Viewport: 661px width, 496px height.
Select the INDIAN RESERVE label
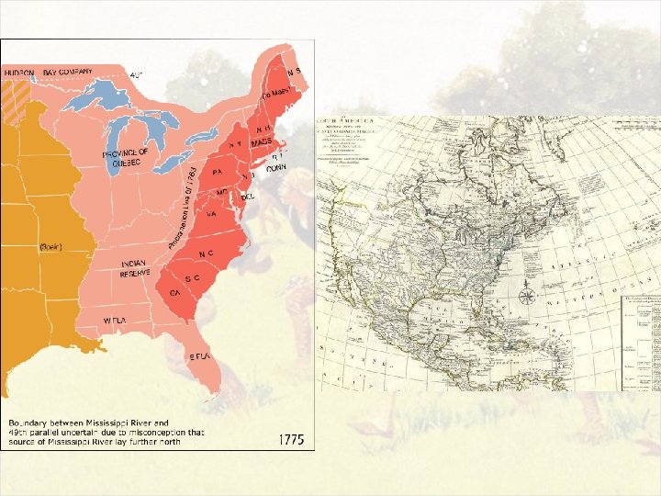point(135,266)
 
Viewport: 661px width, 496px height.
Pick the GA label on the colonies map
point(174,292)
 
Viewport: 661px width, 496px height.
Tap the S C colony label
point(193,277)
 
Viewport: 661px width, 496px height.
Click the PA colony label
point(218,172)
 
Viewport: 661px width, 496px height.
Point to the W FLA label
point(114,320)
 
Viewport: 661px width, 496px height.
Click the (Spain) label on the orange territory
point(51,246)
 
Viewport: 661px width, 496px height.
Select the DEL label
point(246,197)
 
